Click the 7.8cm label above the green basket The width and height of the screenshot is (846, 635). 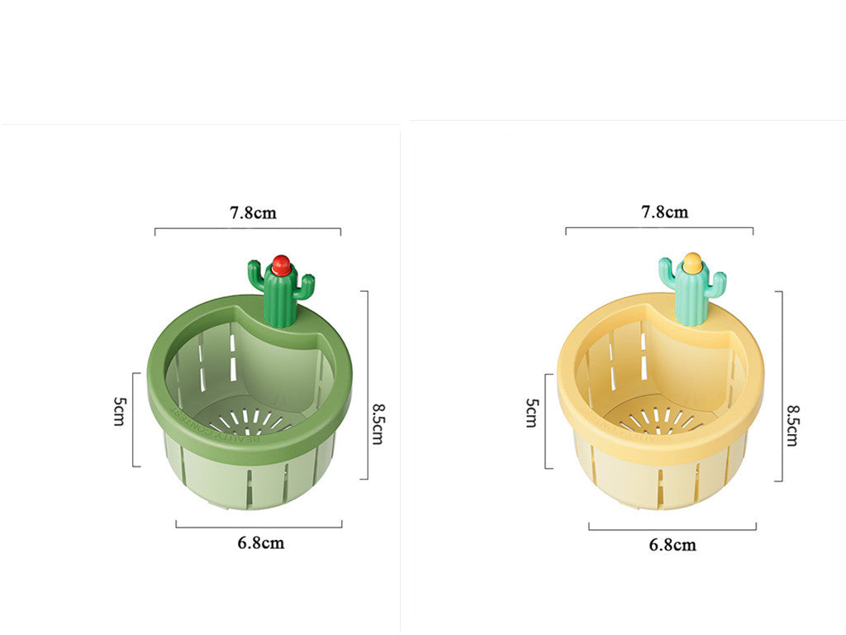254,212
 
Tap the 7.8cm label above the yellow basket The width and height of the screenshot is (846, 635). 665,212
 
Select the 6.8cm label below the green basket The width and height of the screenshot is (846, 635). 261,542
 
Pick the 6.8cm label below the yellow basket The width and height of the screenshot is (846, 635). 673,544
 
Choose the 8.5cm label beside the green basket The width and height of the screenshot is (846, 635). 377,423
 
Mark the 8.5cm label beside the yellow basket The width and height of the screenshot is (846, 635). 791,425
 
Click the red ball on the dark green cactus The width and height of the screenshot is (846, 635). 281,265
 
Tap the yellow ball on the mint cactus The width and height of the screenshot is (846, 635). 692,264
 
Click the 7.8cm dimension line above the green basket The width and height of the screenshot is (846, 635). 248,228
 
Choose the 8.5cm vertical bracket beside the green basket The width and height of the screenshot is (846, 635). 366,384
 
